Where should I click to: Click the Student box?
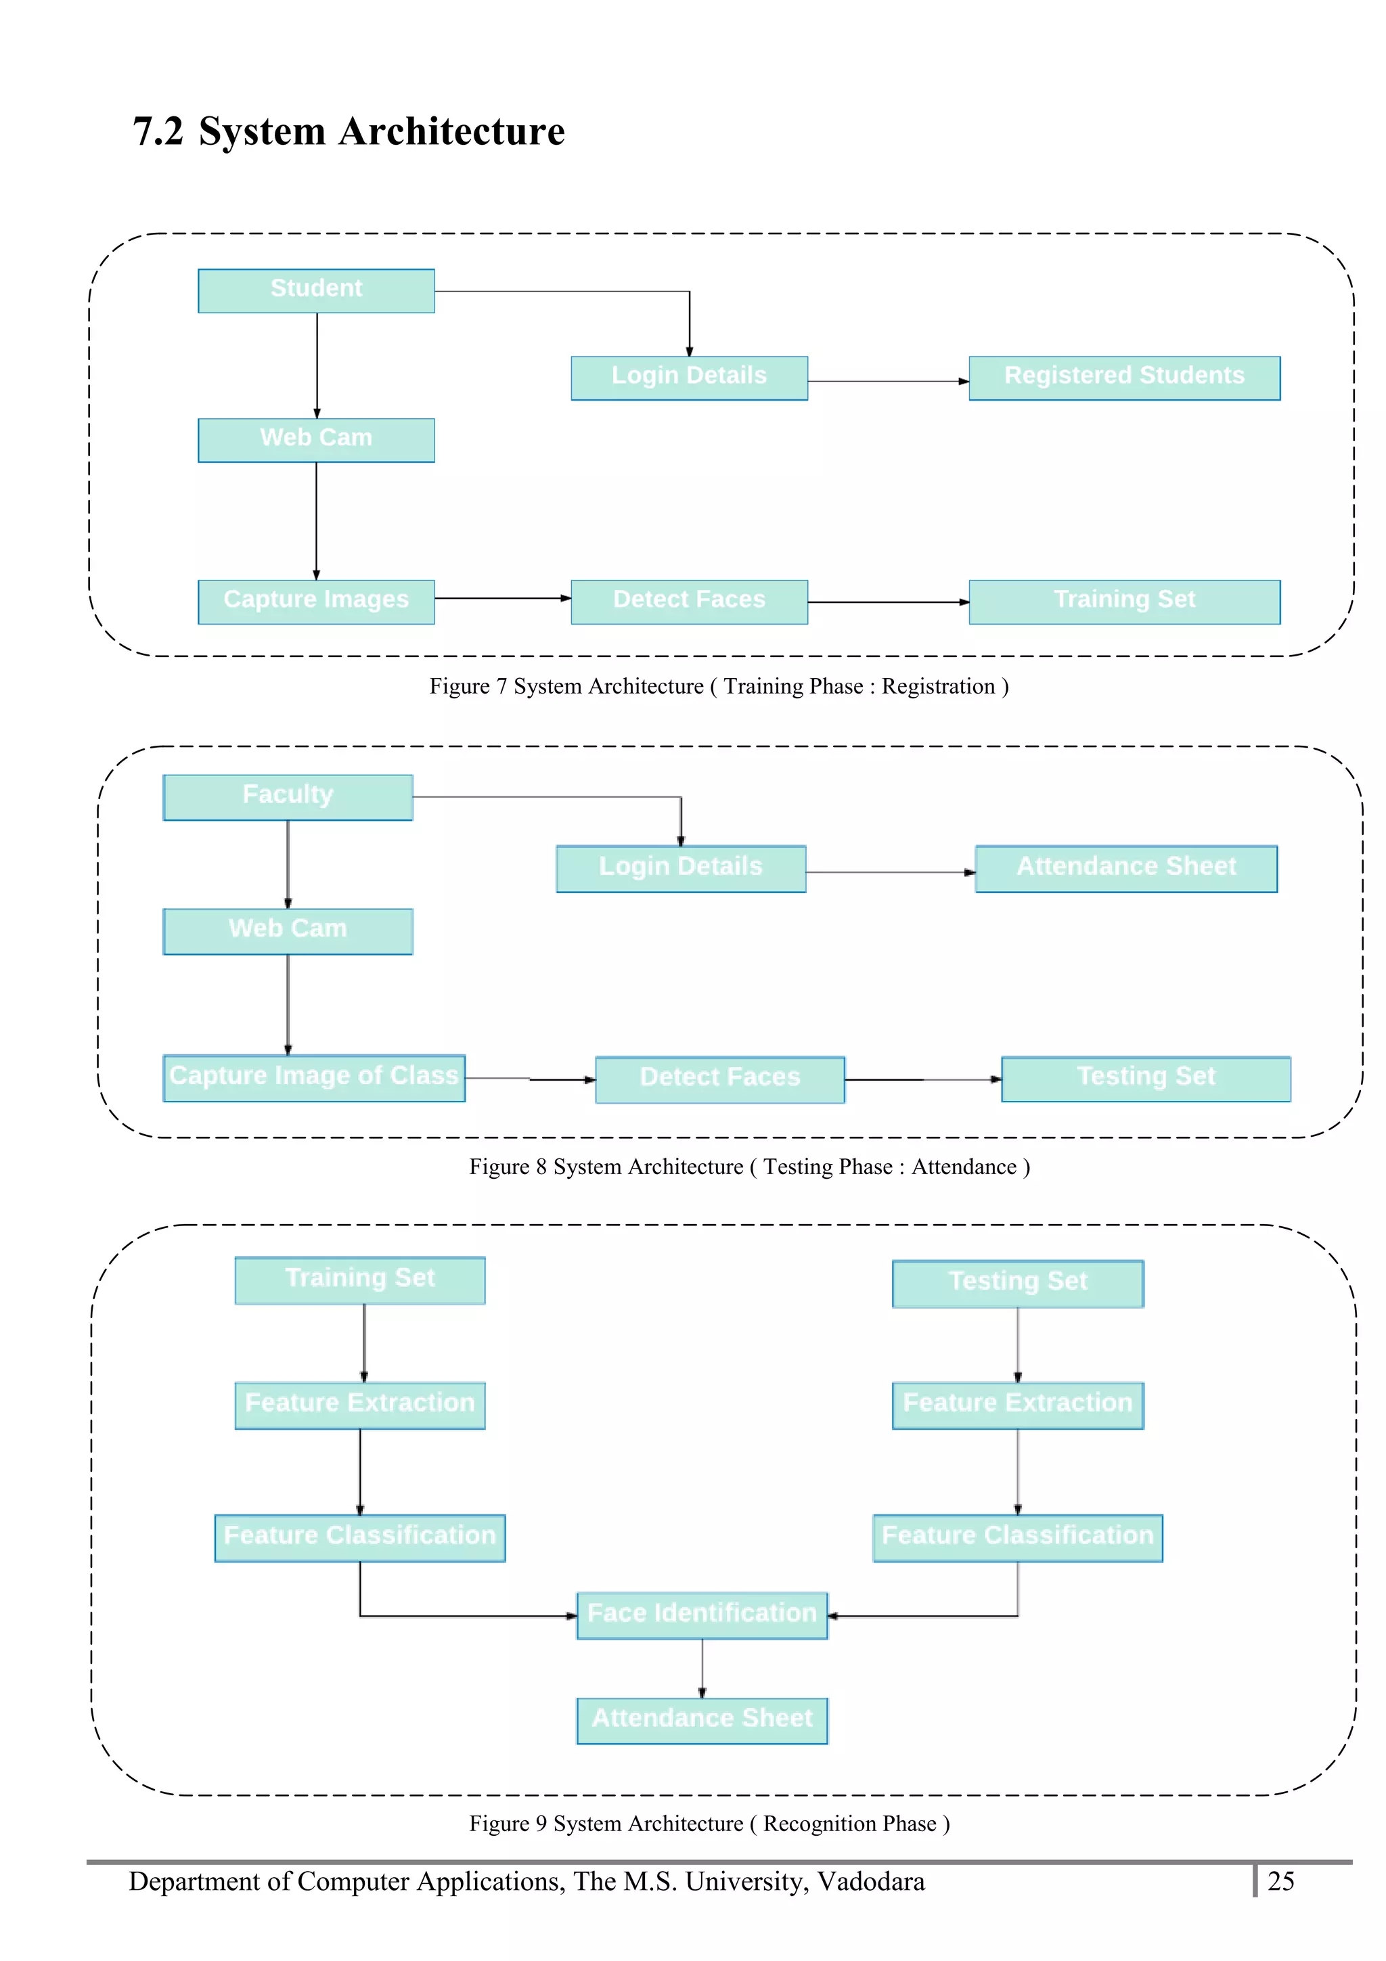click(x=316, y=290)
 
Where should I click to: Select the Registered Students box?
click(x=1124, y=378)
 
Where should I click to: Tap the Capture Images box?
click(x=316, y=602)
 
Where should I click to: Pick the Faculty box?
click(x=288, y=797)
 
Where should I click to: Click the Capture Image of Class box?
click(x=313, y=1078)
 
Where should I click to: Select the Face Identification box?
click(x=702, y=1615)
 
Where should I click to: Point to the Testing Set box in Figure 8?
click(x=1145, y=1079)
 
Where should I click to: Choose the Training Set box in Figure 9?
click(x=359, y=1280)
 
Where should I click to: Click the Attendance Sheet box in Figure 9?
click(x=702, y=1720)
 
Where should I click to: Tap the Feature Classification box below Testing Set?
click(x=1017, y=1537)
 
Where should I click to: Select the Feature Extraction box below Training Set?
click(x=359, y=1405)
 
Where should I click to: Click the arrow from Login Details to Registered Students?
click(x=888, y=381)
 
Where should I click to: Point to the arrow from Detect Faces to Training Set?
click(x=888, y=602)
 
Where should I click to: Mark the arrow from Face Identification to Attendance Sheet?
click(x=702, y=1668)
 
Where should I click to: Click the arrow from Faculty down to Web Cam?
click(x=288, y=864)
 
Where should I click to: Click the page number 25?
click(x=1280, y=1882)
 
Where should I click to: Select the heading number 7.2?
click(x=158, y=131)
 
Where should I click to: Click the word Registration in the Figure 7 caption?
click(x=938, y=687)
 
